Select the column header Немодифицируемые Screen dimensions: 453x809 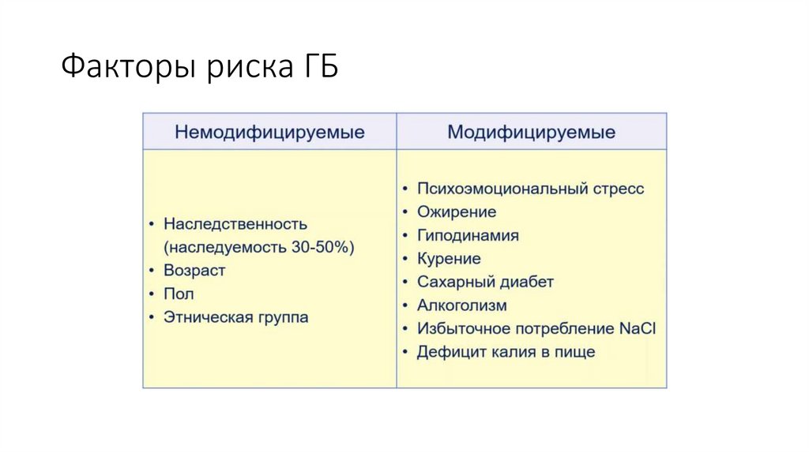click(x=269, y=133)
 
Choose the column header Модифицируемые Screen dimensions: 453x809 click(x=532, y=133)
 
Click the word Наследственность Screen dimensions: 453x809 click(x=235, y=224)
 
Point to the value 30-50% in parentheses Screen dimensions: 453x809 click(x=320, y=247)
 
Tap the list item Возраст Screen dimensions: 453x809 click(x=194, y=271)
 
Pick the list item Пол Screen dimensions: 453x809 click(x=179, y=294)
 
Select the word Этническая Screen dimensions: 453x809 click(x=207, y=317)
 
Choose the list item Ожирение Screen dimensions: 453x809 click(x=457, y=212)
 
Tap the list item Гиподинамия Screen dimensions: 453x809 click(x=468, y=235)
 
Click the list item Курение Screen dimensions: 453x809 click(x=449, y=259)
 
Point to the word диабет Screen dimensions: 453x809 click(x=526, y=282)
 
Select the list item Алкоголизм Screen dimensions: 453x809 click(x=462, y=305)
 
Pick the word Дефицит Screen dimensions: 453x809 click(x=448, y=352)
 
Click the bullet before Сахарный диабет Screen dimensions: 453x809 click(x=405, y=283)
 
